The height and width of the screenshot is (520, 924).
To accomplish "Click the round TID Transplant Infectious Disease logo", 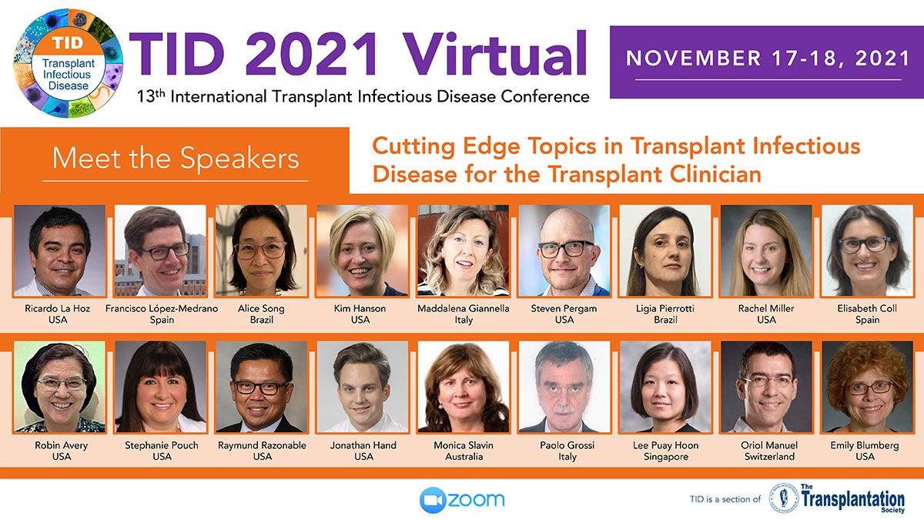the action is pyautogui.click(x=69, y=63).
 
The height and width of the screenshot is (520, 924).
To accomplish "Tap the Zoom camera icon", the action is pyautogui.click(x=433, y=500).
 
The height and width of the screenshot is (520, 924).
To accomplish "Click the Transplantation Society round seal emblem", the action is pyautogui.click(x=784, y=498).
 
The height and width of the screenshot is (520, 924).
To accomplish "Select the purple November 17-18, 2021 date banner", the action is pyautogui.click(x=767, y=62).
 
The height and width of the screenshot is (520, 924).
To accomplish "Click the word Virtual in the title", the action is pyautogui.click(x=494, y=54).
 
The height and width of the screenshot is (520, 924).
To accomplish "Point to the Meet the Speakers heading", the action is pyautogui.click(x=176, y=159).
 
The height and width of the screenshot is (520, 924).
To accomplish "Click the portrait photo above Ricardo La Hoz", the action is pyautogui.click(x=59, y=250).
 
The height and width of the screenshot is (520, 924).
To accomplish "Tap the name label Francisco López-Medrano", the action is pyautogui.click(x=162, y=308).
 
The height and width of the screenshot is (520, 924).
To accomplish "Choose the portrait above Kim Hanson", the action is pyautogui.click(x=362, y=250).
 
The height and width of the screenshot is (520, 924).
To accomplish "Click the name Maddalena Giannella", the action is pyautogui.click(x=464, y=308).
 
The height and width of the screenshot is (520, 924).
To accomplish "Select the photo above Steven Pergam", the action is pyautogui.click(x=564, y=250).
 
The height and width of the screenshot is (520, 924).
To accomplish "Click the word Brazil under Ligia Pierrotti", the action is pyautogui.click(x=665, y=320).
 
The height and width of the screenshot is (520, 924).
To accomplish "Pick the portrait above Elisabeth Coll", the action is pyautogui.click(x=867, y=250).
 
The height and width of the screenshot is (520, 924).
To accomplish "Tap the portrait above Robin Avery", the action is pyautogui.click(x=59, y=387).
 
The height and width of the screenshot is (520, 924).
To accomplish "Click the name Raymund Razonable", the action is pyautogui.click(x=262, y=445).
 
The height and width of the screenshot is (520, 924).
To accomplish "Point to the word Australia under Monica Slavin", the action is pyautogui.click(x=464, y=457).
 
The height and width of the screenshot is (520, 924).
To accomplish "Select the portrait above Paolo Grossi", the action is pyautogui.click(x=564, y=387).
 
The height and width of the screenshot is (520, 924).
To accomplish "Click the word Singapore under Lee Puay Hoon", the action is pyautogui.click(x=666, y=457).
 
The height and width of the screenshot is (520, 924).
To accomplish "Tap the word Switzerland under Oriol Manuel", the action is pyautogui.click(x=769, y=457).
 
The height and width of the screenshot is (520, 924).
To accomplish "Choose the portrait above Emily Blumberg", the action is pyautogui.click(x=867, y=387).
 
